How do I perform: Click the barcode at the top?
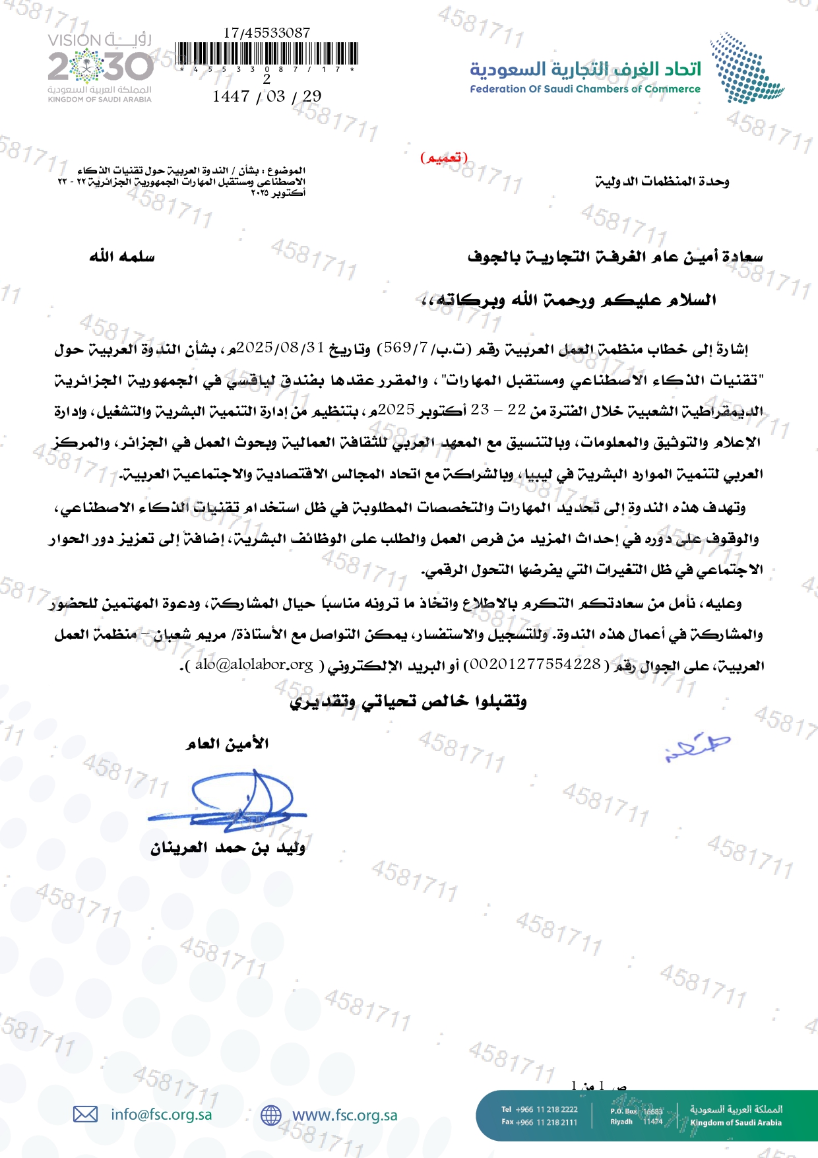click(x=267, y=53)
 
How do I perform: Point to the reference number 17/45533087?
click(x=267, y=32)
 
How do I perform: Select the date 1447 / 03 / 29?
click(x=267, y=96)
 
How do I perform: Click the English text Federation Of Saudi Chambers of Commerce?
click(x=584, y=89)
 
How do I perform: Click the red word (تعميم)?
click(x=444, y=158)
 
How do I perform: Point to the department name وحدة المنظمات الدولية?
click(x=662, y=181)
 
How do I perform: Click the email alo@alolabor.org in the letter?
click(x=254, y=664)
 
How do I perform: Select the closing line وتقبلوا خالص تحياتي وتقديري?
click(x=408, y=701)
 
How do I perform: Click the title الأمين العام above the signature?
click(x=227, y=744)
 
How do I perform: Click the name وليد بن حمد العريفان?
click(x=228, y=848)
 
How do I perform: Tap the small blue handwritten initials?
click(x=697, y=748)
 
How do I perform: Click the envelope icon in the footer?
click(x=85, y=1114)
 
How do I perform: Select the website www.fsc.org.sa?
click(x=344, y=1115)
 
